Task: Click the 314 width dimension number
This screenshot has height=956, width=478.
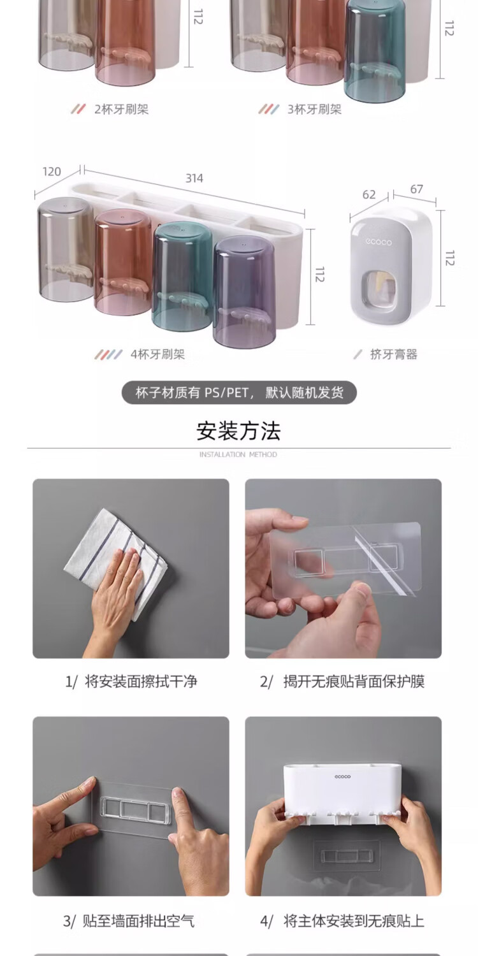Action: click(x=194, y=178)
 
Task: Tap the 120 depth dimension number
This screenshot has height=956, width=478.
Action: click(x=52, y=171)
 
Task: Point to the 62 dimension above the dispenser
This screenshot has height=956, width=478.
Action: click(x=369, y=194)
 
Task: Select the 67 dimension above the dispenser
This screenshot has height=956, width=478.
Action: click(x=417, y=189)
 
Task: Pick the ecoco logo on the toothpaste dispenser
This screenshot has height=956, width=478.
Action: click(x=378, y=242)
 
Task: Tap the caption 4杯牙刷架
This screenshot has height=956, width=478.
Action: click(x=157, y=354)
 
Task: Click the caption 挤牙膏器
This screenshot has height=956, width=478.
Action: click(x=393, y=354)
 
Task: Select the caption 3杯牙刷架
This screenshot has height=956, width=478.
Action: click(x=314, y=109)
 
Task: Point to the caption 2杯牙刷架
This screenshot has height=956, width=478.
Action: click(x=121, y=109)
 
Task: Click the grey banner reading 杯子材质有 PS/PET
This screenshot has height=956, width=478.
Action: click(x=239, y=393)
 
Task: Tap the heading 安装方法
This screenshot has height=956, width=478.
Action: click(x=238, y=431)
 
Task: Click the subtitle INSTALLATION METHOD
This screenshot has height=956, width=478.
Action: click(x=238, y=454)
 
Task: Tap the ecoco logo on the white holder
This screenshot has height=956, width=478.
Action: click(x=343, y=776)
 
